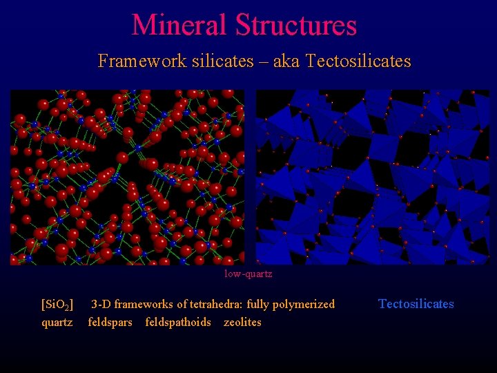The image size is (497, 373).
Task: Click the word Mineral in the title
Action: click(179, 25)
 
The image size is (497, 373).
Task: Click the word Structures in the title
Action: click(296, 25)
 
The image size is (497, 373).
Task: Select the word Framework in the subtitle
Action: click(131, 61)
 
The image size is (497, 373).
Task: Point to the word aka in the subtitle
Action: click(284, 61)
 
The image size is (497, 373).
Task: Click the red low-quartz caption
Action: click(248, 274)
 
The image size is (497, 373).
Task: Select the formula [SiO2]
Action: click(57, 305)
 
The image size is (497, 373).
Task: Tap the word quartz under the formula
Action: click(57, 323)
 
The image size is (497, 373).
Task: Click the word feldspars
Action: click(110, 323)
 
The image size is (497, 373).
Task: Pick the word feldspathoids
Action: click(178, 323)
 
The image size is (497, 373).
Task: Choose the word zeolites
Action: click(242, 323)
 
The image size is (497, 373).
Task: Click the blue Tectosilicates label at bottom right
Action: click(416, 304)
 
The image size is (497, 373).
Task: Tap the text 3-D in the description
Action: click(101, 305)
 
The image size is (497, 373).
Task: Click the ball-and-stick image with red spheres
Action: click(128, 177)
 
